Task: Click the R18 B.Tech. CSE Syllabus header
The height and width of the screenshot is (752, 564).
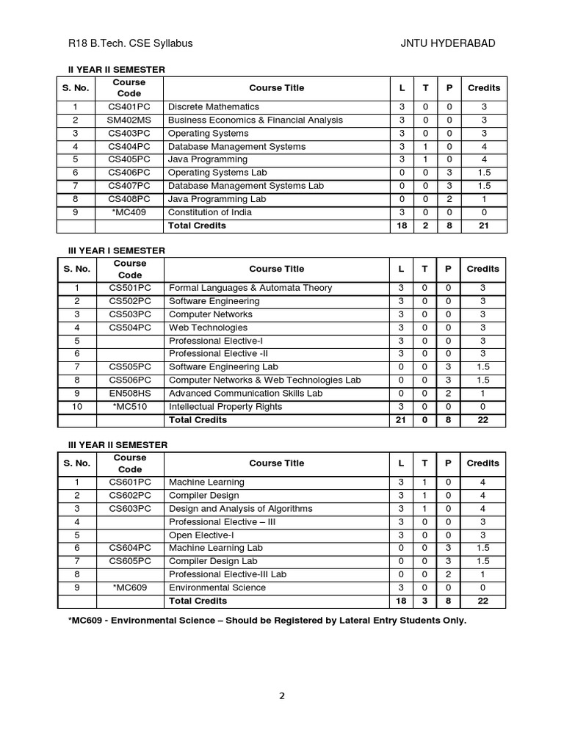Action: [x=130, y=43]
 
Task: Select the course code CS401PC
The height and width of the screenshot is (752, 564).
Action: [x=129, y=107]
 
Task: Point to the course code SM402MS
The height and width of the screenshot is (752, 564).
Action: [x=129, y=120]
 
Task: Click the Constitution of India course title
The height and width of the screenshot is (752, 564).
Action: [x=210, y=212]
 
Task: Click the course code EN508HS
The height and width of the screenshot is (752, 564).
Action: [x=130, y=394]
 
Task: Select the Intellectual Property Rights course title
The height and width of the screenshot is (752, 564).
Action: [x=225, y=406]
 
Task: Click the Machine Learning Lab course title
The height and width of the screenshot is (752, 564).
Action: [x=216, y=548]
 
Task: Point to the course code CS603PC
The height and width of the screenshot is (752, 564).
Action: [x=130, y=508]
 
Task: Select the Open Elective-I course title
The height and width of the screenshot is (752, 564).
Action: [x=202, y=535]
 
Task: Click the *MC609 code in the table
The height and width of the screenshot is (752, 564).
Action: [x=130, y=587]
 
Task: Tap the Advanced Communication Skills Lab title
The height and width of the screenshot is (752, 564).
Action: [x=246, y=394]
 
